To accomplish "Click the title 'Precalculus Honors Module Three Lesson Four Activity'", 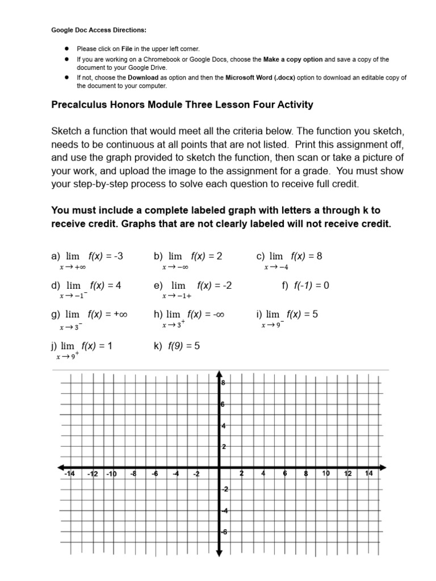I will coord(182,105).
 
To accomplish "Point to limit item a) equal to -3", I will coord(87,256).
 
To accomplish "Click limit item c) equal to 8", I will coord(290,256).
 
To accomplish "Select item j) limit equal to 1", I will coord(82,345).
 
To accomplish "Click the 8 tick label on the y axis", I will coord(223,383).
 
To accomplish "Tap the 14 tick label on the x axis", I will coord(369,474).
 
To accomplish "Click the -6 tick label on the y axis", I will coord(223,532).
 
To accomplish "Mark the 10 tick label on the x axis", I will coord(326,474).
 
